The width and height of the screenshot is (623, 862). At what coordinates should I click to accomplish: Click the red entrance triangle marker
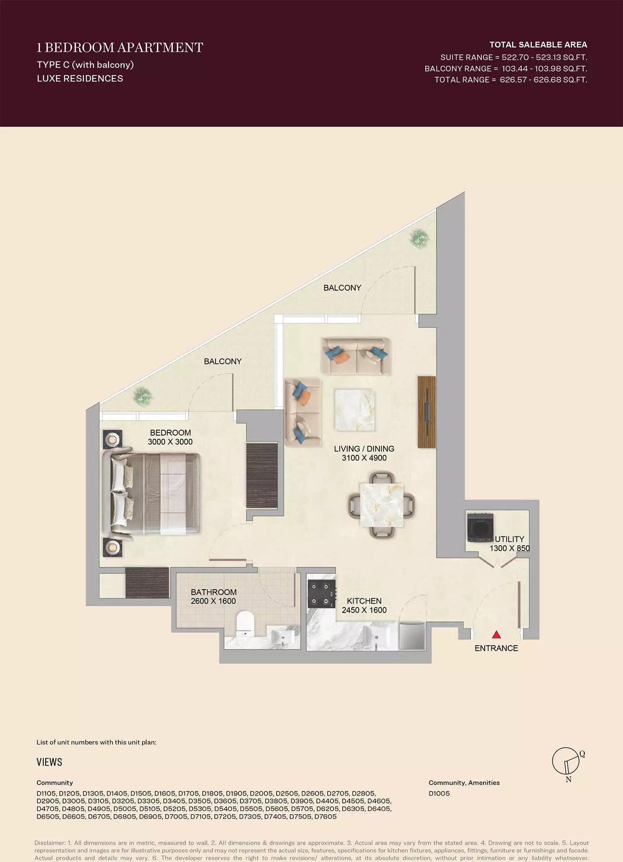[x=496, y=634]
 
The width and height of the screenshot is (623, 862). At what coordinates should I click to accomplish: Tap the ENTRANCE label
[x=496, y=648]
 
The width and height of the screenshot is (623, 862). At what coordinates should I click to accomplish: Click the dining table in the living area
[x=381, y=505]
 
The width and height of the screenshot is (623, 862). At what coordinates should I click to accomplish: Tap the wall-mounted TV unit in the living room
[x=427, y=412]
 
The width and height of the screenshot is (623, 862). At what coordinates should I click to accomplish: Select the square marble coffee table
[x=355, y=410]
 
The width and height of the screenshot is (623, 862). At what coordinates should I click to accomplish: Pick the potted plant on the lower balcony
[x=142, y=396]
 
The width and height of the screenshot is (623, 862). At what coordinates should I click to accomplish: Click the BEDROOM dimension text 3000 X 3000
[x=170, y=442]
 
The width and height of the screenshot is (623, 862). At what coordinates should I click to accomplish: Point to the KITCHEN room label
[x=364, y=601]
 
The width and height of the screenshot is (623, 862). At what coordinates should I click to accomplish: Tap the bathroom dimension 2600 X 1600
[x=213, y=601]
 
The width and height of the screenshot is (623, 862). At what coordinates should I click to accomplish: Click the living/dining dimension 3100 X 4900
[x=364, y=458]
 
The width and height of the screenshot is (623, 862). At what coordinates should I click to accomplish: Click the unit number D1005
[x=439, y=793]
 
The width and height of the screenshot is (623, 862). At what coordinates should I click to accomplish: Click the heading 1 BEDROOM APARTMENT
[x=120, y=47]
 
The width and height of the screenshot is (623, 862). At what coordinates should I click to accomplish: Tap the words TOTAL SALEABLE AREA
[x=538, y=44]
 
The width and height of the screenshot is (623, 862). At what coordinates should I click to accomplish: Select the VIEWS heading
[x=49, y=762]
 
